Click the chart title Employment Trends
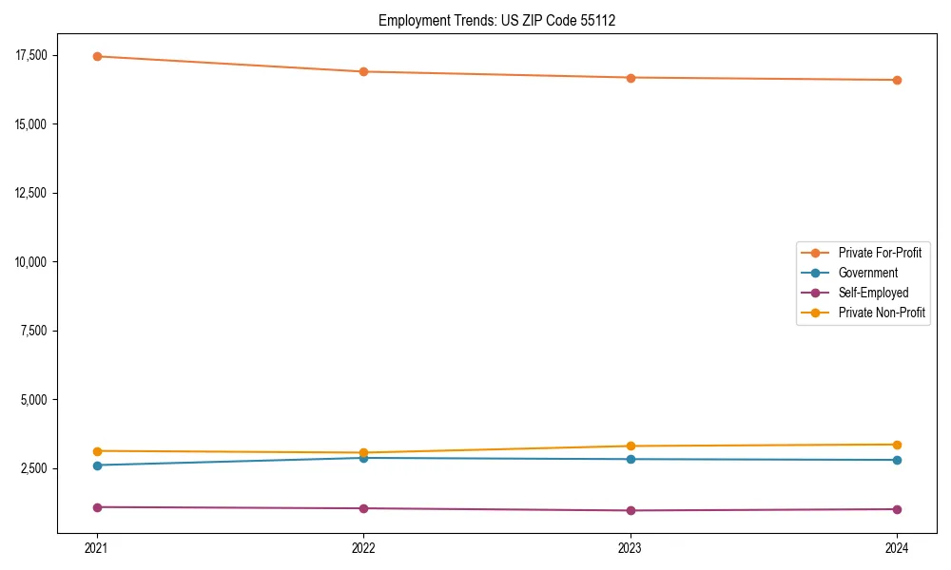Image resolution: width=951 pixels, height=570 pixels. [x=496, y=20]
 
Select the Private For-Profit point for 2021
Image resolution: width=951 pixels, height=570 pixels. [x=96, y=56]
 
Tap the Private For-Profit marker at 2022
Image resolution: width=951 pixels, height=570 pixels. [x=363, y=71]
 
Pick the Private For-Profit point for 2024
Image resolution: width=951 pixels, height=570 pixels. [x=898, y=80]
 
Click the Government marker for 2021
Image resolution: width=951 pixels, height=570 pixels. [x=96, y=465]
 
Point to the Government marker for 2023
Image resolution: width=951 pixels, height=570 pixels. [x=631, y=459]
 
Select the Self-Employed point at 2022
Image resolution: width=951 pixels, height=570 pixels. [x=363, y=508]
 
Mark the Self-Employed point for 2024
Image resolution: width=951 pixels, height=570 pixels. [x=898, y=509]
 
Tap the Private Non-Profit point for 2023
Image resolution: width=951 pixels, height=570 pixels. [x=631, y=446]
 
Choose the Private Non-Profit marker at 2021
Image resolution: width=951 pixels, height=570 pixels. [x=96, y=451]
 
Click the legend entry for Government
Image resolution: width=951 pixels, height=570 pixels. [x=867, y=273]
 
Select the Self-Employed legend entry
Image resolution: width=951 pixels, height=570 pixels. [x=873, y=293]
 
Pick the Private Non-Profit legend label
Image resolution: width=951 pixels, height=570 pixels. [x=882, y=313]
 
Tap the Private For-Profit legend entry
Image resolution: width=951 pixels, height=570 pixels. [x=880, y=253]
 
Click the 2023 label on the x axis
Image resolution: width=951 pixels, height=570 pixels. [x=631, y=547]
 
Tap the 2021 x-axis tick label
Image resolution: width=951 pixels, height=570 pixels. [x=96, y=547]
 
